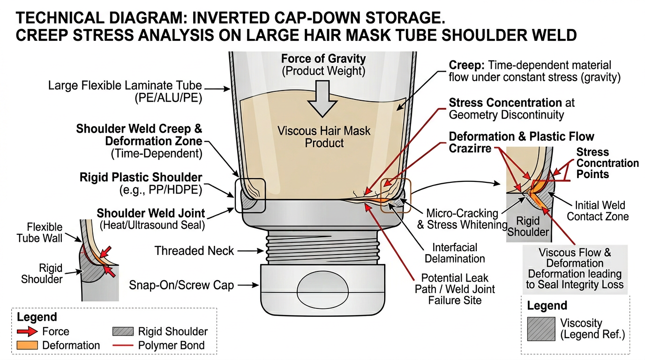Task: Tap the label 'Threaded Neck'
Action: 194,251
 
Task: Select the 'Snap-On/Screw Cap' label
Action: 181,285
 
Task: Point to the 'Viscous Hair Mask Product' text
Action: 324,136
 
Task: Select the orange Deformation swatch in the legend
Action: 26,345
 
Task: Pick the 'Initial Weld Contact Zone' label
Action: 598,211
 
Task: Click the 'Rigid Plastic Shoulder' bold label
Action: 141,178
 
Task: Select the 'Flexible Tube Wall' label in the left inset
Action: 39,232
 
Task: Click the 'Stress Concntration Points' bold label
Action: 607,163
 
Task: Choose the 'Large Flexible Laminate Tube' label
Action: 125,86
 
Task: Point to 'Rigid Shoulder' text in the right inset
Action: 528,226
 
